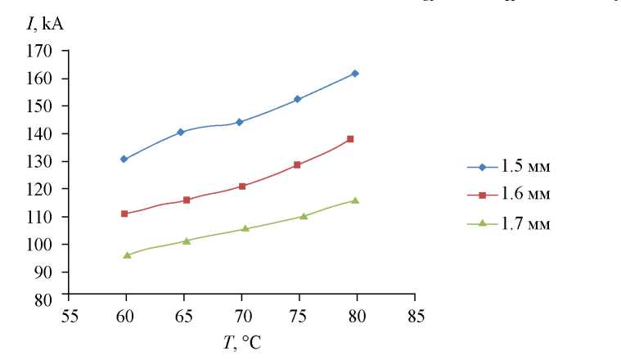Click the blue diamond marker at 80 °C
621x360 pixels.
point(354,74)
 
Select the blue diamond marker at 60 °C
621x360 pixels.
point(124,159)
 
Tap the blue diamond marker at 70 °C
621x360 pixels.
point(239,122)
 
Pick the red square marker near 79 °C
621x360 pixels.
point(350,139)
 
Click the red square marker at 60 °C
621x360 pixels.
point(124,214)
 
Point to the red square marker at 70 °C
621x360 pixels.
point(241,187)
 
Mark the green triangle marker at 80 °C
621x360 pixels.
point(355,200)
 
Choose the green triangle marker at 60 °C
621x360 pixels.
point(127,255)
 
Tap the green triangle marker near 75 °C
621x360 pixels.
point(304,217)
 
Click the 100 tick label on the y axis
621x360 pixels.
point(43,245)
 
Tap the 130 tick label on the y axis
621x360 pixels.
point(43,161)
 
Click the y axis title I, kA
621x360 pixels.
point(45,25)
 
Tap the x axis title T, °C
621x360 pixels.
point(242,342)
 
